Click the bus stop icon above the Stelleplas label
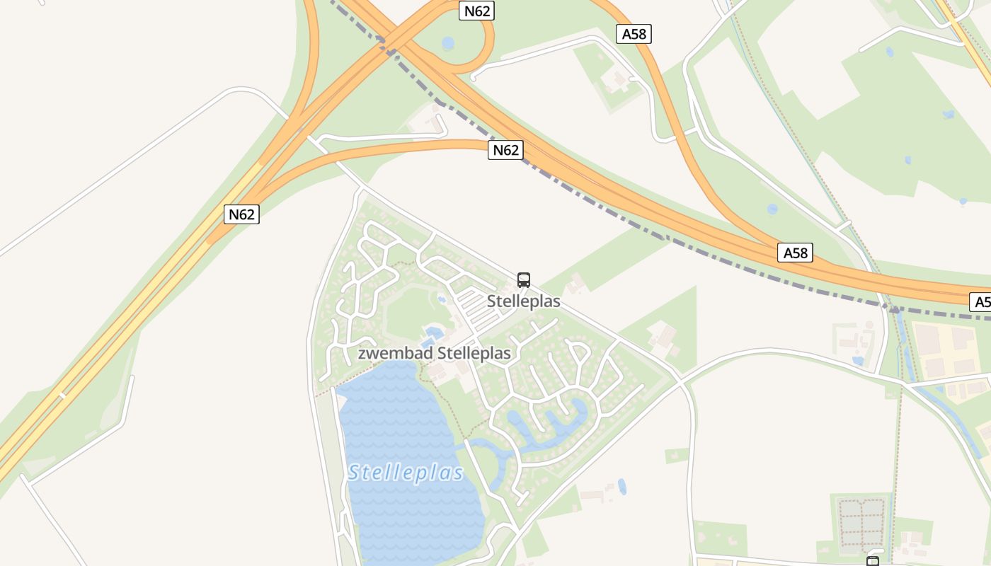[x=524, y=279]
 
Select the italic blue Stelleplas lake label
[x=406, y=473]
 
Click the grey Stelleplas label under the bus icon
[x=524, y=301]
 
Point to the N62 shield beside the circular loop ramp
[x=476, y=11]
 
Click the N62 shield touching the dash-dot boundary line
[x=505, y=150]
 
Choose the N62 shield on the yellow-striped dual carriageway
[x=241, y=214]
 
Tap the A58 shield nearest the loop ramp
[x=634, y=34]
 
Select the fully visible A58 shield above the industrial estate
[x=795, y=253]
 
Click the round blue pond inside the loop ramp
[x=448, y=44]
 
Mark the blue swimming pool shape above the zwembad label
[x=433, y=332]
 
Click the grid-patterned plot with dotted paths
[x=861, y=524]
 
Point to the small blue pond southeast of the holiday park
[x=622, y=486]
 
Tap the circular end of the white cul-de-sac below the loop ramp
[x=472, y=77]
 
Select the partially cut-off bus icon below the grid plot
[x=873, y=562]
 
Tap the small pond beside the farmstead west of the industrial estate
[x=858, y=361]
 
